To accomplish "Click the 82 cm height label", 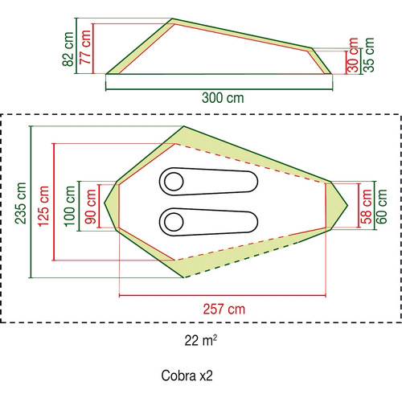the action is pyautogui.click(x=68, y=49).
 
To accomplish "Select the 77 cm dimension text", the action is pyautogui.click(x=85, y=47).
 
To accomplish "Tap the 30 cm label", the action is pyautogui.click(x=353, y=55).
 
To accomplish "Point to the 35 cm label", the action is pyautogui.click(x=368, y=55).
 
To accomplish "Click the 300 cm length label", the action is pyautogui.click(x=223, y=98).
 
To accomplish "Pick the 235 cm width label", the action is pyautogui.click(x=20, y=203).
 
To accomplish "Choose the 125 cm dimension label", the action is pyautogui.click(x=43, y=206).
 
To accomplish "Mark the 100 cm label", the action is pyautogui.click(x=69, y=206).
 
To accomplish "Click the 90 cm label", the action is pyautogui.click(x=91, y=207).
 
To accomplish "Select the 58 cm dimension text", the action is pyautogui.click(x=366, y=207).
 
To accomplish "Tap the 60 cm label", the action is pyautogui.click(x=382, y=207).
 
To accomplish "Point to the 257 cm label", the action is pyautogui.click(x=224, y=310).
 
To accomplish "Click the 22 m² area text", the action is pyautogui.click(x=201, y=340).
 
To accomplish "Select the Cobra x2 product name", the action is pyautogui.click(x=187, y=375).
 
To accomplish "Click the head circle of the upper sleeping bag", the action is pyautogui.click(x=174, y=182).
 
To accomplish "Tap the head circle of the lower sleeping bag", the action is pyautogui.click(x=174, y=222).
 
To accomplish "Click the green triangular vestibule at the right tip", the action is pyautogui.click(x=335, y=206).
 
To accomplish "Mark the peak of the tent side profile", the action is pyautogui.click(x=172, y=18).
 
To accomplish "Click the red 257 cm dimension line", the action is pyautogui.click(x=223, y=296).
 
